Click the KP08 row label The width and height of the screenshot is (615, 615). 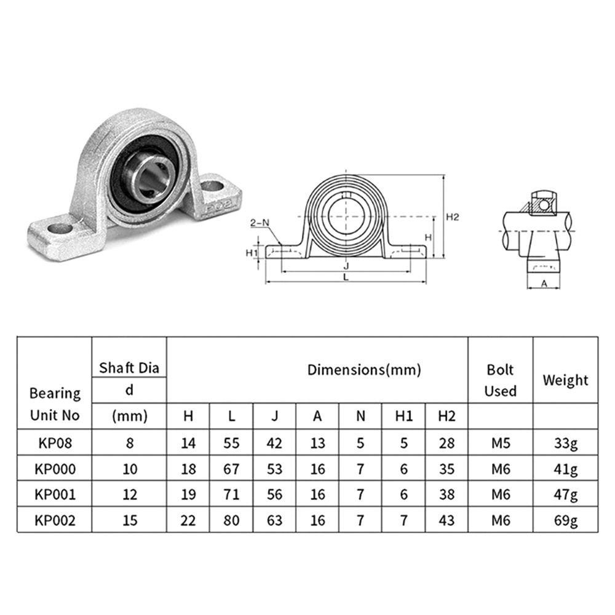55,443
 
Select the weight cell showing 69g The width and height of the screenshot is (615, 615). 565,520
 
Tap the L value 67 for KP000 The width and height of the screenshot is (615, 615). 231,469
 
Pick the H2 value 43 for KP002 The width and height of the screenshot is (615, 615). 446,520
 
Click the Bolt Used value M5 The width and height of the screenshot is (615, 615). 500,443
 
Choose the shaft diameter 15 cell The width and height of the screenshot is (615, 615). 130,520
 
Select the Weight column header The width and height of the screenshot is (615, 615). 565,380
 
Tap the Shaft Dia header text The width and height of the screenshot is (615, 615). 129,368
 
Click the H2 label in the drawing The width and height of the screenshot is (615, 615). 453,216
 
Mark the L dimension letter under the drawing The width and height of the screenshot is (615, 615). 346,277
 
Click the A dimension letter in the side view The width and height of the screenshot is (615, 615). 544,283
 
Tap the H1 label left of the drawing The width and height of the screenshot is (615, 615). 251,253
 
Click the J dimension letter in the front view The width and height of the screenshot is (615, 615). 346,266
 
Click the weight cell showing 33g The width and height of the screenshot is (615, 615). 565,443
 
